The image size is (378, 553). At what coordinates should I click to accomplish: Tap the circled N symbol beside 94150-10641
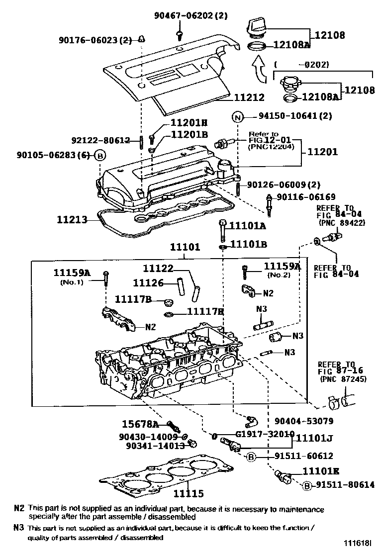coord(238,117)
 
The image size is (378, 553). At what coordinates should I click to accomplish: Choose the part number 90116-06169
coord(305,197)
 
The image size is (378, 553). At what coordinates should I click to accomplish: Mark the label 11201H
coord(189,123)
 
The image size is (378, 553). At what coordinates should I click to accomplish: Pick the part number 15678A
coord(140,424)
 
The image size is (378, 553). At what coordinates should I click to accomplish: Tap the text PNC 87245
coord(337,379)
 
